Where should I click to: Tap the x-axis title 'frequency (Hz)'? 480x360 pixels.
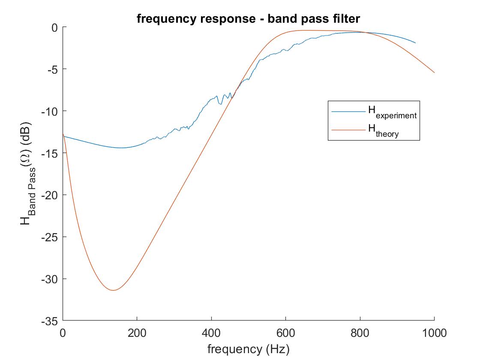pyautogui.click(x=249, y=349)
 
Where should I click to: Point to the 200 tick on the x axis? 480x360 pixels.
pyautogui.click(x=137, y=333)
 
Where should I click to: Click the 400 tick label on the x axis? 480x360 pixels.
pyautogui.click(x=211, y=333)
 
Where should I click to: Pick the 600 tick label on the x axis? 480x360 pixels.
pyautogui.click(x=285, y=333)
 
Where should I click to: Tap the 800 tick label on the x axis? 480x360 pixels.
pyautogui.click(x=360, y=333)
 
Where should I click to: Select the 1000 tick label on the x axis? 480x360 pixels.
pyautogui.click(x=434, y=333)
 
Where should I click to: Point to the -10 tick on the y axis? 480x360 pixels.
pyautogui.click(x=49, y=111)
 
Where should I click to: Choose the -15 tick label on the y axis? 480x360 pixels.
pyautogui.click(x=49, y=153)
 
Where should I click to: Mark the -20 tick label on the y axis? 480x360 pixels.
pyautogui.click(x=49, y=195)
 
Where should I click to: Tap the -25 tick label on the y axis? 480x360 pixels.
pyautogui.click(x=49, y=237)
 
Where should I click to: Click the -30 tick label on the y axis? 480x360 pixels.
pyautogui.click(x=49, y=279)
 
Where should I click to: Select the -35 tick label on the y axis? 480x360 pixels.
pyautogui.click(x=49, y=321)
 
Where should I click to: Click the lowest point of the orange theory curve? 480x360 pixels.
pyautogui.click(x=113, y=290)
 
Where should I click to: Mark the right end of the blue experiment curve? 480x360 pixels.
pyautogui.click(x=415, y=43)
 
